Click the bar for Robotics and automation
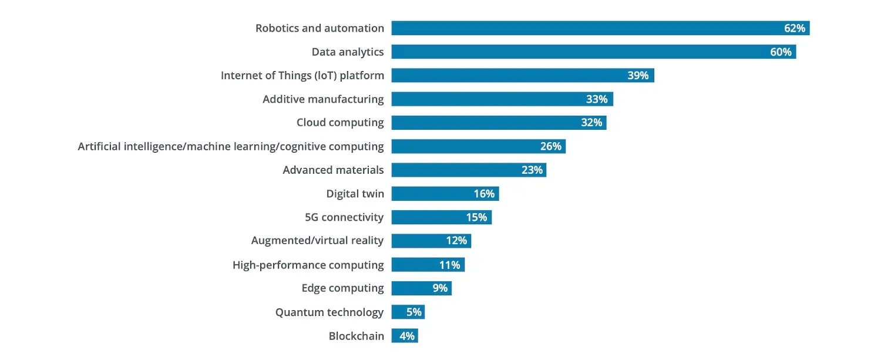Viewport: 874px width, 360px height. click(x=600, y=28)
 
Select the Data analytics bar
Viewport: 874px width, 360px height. click(x=594, y=52)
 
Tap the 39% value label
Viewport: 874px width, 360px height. click(x=638, y=75)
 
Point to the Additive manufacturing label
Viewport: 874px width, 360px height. click(x=323, y=99)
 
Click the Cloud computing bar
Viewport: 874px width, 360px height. click(x=499, y=123)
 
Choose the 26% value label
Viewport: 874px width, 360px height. click(x=550, y=146)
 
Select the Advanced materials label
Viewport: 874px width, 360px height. click(x=333, y=170)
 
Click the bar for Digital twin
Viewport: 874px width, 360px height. click(x=445, y=193)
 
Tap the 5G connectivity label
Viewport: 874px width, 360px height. click(x=344, y=217)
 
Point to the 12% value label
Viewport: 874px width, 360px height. click(x=456, y=241)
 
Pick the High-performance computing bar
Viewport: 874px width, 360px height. click(x=428, y=265)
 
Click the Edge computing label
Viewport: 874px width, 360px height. click(x=342, y=288)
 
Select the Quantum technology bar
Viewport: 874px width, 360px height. click(x=408, y=312)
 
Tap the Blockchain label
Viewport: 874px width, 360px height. click(x=356, y=336)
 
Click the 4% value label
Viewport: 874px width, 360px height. click(x=407, y=336)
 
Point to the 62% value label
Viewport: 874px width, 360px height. click(x=794, y=28)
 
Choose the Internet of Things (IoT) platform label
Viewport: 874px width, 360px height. click(x=302, y=75)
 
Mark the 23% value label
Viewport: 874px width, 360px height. click(x=532, y=170)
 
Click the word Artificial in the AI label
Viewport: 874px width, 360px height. click(x=99, y=146)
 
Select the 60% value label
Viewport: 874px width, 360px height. click(x=781, y=52)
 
